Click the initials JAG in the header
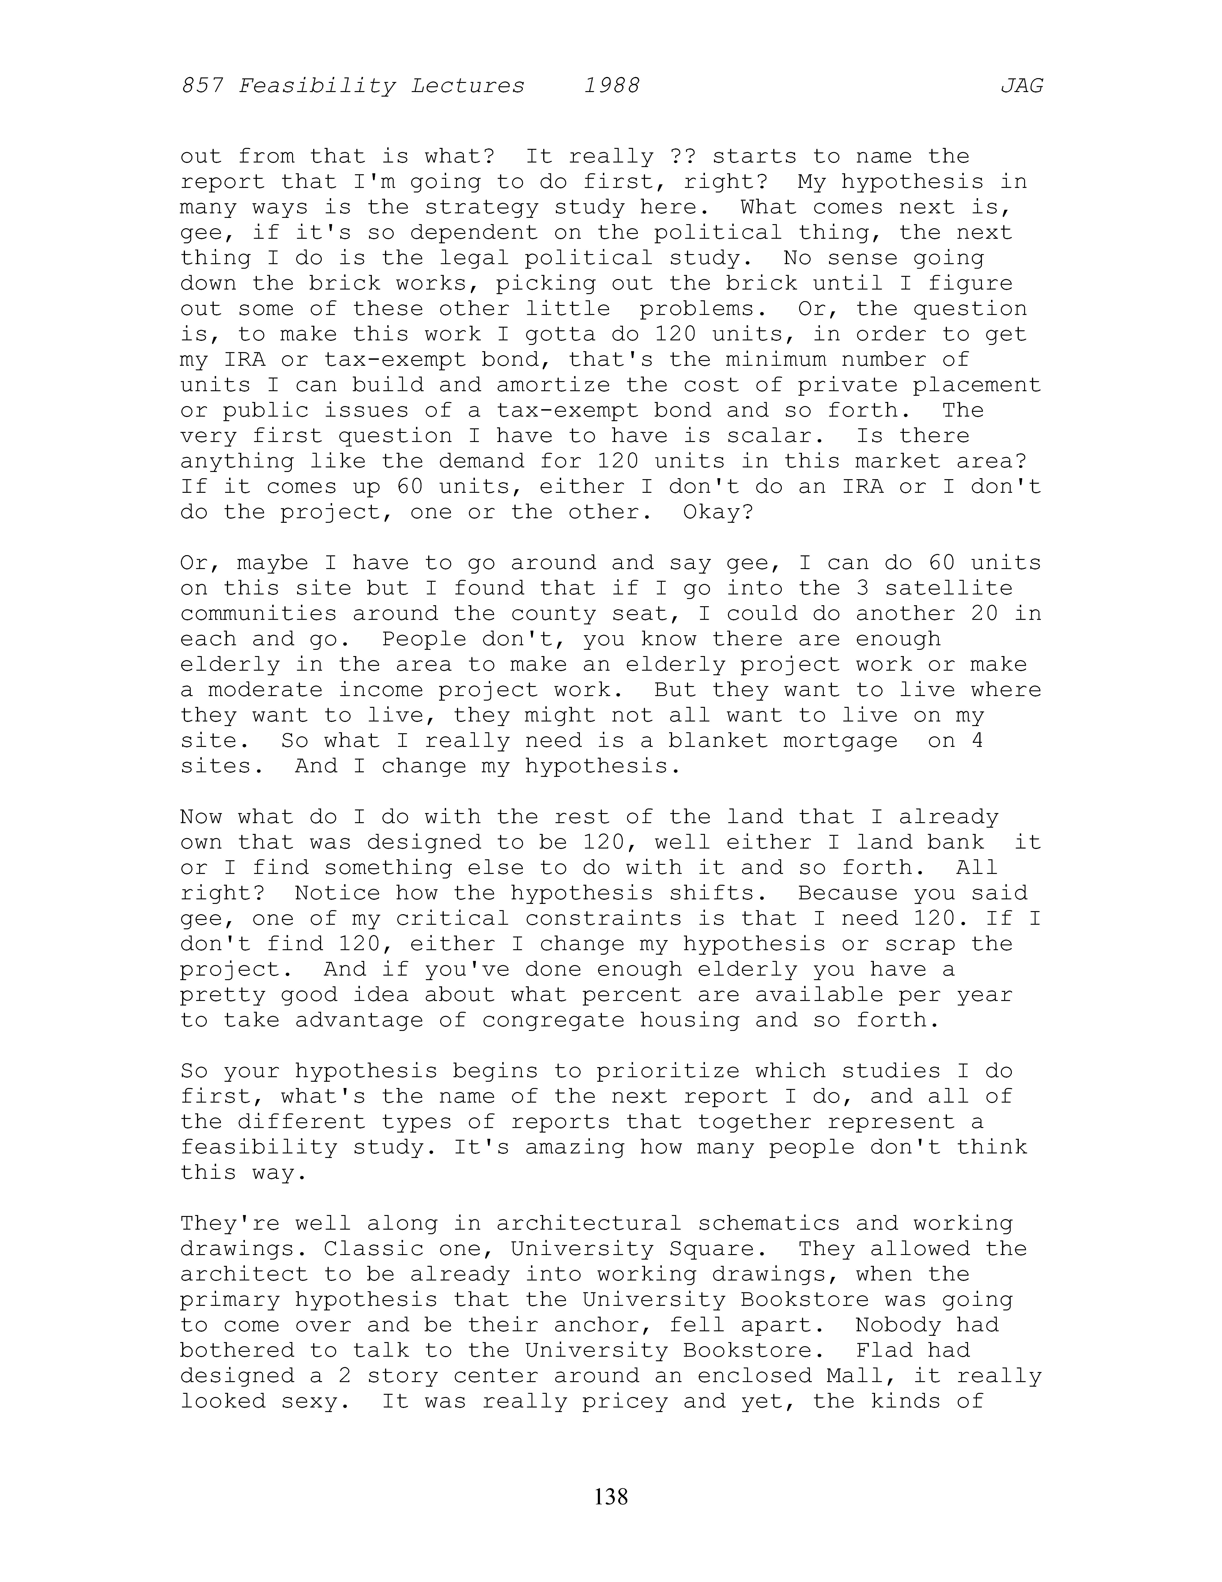1021,86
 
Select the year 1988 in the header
612,86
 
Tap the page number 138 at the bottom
611,1496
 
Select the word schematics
769,1223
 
